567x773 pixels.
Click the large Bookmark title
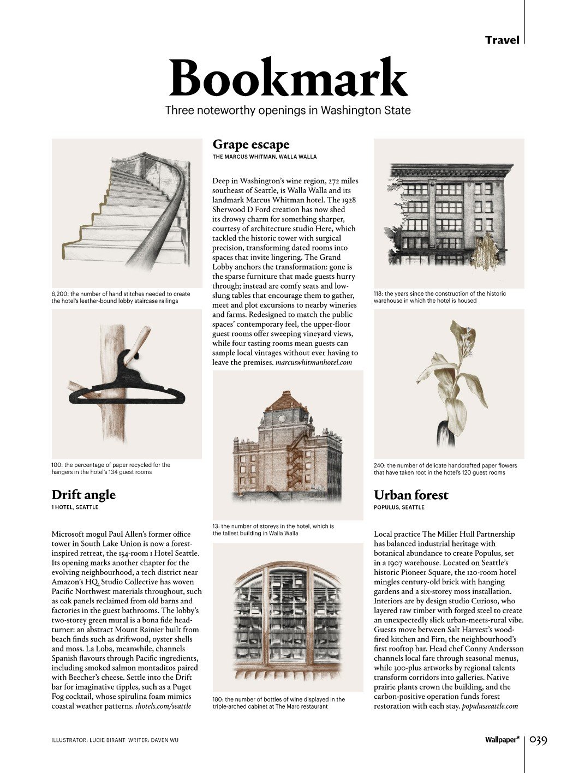pyautogui.click(x=288, y=78)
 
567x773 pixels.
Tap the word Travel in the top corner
pyautogui.click(x=502, y=40)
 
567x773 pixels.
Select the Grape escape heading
pyautogui.click(x=250, y=145)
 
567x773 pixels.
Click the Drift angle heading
pyautogui.click(x=83, y=495)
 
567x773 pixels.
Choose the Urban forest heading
pyautogui.click(x=410, y=495)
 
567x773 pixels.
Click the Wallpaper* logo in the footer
pyautogui.click(x=502, y=740)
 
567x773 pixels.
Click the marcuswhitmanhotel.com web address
pyautogui.click(x=314, y=362)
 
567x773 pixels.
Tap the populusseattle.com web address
pyautogui.click(x=490, y=706)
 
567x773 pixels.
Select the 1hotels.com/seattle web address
pyautogui.click(x=163, y=706)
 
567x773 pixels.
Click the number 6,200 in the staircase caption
pyautogui.click(x=59, y=293)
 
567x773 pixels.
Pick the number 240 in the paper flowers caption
pyautogui.click(x=379, y=465)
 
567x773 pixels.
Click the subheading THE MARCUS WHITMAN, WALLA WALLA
pyautogui.click(x=264, y=157)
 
